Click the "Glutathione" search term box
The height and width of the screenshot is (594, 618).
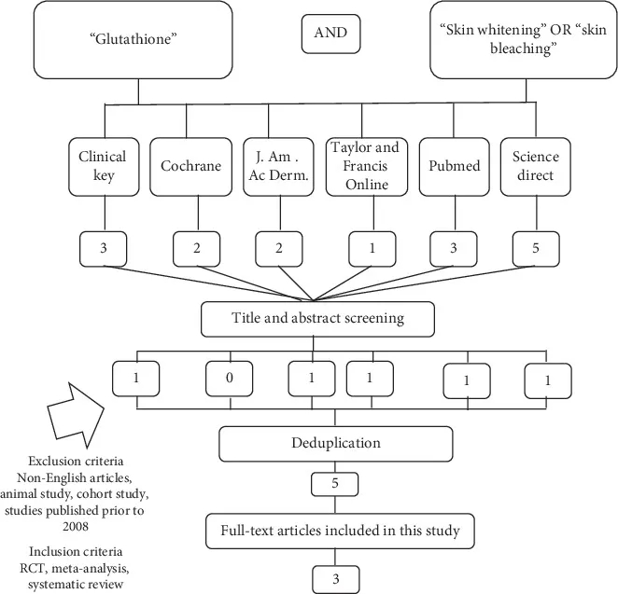point(133,40)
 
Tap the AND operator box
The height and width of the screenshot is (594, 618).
point(330,34)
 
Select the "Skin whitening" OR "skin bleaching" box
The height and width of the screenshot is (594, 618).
point(524,40)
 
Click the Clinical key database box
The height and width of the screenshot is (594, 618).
point(104,167)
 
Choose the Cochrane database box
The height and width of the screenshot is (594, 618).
point(190,167)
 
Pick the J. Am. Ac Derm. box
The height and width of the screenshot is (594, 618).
point(278,167)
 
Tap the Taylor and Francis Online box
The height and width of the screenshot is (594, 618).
point(367,167)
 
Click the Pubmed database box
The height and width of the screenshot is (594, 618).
point(455,167)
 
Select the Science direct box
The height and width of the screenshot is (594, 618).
point(536,167)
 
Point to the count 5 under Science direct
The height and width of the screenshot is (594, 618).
point(536,249)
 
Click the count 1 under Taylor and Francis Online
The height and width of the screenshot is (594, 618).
point(372,249)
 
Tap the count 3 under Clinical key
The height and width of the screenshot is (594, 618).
point(104,249)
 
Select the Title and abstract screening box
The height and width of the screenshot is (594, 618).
point(317,319)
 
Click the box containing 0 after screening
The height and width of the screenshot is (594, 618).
point(230,379)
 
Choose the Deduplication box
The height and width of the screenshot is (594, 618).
point(336,444)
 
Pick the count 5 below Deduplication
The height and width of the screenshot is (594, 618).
point(335,484)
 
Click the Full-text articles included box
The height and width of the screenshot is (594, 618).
point(340,531)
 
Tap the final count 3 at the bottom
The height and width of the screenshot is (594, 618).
point(336,579)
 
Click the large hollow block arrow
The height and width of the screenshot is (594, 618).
point(76,415)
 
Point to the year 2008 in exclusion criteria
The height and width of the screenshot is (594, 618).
point(76,527)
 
